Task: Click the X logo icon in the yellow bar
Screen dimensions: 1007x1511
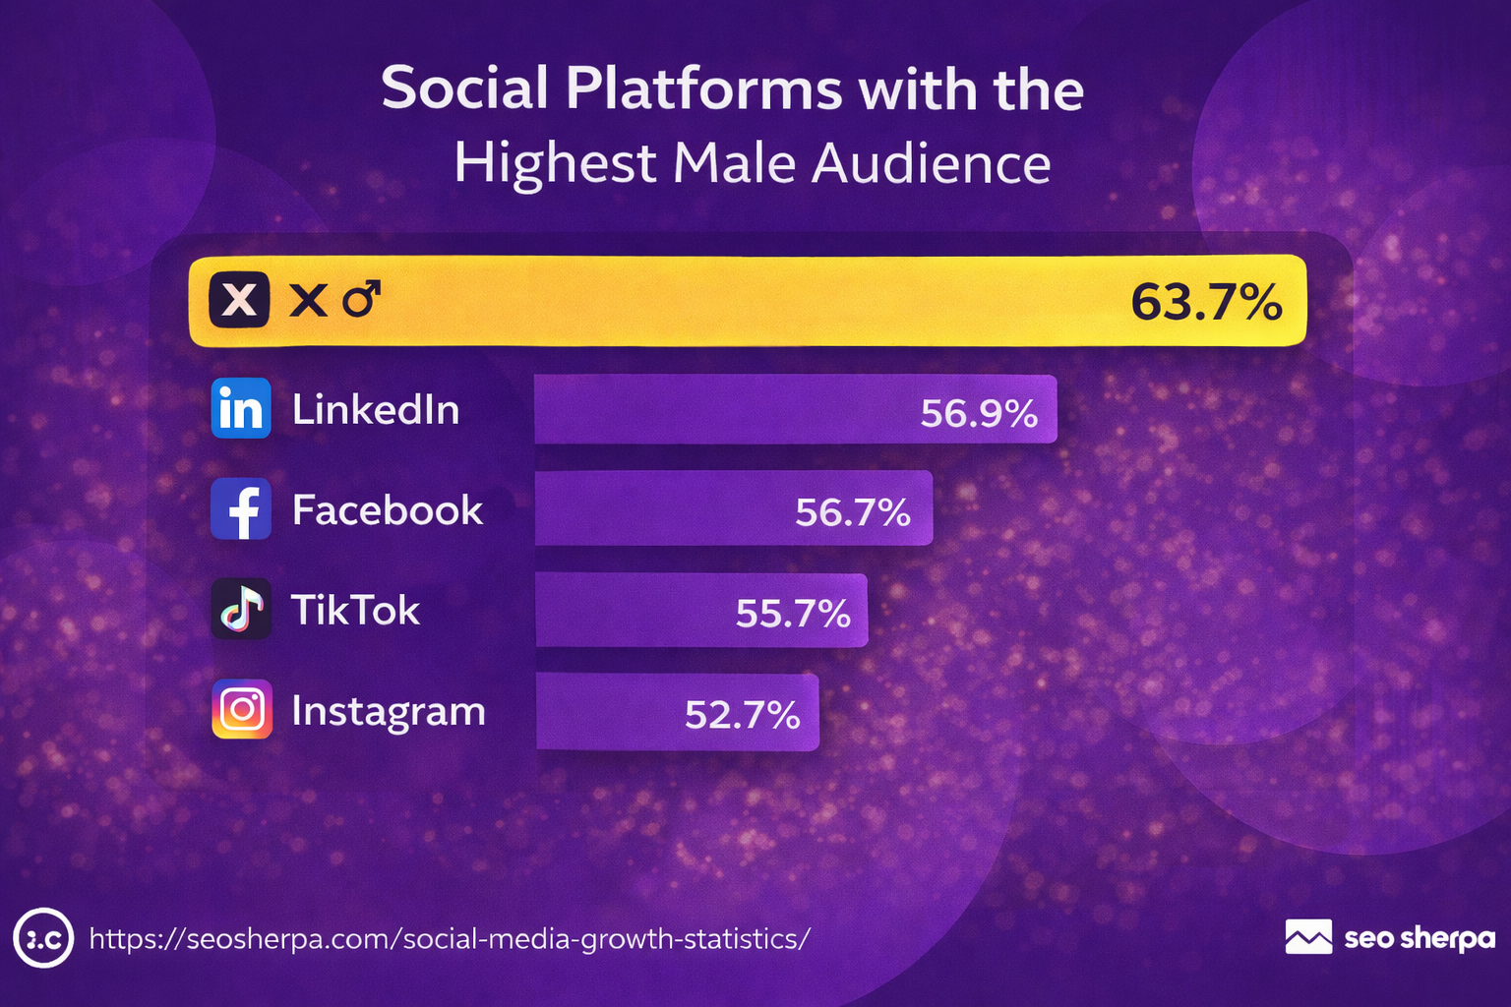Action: point(239,299)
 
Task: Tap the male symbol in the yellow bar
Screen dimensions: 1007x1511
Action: point(361,298)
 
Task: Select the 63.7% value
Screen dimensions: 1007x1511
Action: point(1206,302)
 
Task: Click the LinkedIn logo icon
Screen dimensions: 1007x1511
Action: point(241,408)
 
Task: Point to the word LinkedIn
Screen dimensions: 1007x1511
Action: point(376,409)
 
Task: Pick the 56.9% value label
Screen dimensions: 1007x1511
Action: point(979,414)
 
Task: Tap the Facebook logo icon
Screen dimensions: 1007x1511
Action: point(241,509)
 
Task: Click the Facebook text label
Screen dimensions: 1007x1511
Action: point(388,510)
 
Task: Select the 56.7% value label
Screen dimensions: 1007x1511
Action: point(853,512)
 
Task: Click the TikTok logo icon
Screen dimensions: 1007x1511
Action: point(241,610)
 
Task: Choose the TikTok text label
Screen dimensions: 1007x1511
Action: point(356,611)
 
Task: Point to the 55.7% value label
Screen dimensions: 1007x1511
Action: point(793,614)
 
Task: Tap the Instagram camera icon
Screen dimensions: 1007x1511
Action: point(242,709)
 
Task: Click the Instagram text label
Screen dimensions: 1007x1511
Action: point(389,711)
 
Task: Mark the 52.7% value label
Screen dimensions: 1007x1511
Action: point(743,715)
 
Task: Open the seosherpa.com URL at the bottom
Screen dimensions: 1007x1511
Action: point(450,939)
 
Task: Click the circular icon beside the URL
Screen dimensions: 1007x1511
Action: point(43,938)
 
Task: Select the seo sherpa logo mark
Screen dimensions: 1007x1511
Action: point(1308,937)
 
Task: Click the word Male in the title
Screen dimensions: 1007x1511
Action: point(734,163)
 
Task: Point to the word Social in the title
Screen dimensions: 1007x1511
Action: point(464,89)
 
